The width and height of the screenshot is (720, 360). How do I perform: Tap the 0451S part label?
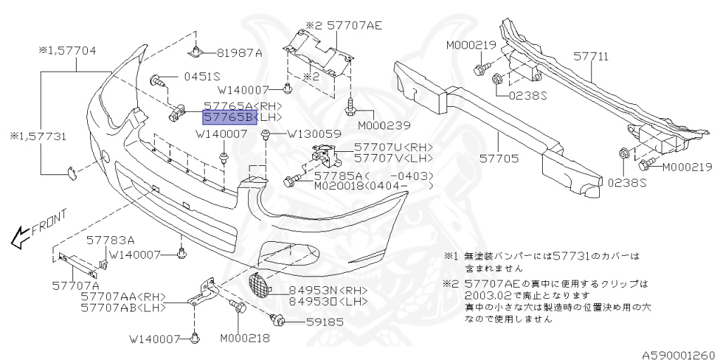pyautogui.click(x=202, y=77)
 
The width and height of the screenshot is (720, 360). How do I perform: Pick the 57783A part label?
pyautogui.click(x=110, y=240)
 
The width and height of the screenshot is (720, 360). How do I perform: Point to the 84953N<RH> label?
pyautogui.click(x=320, y=290)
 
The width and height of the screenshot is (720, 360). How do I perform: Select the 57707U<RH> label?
pyautogui.click(x=393, y=147)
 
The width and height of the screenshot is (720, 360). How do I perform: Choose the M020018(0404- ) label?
pyautogui.click(x=373, y=186)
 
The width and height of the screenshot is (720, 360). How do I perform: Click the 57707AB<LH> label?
pyautogui.click(x=123, y=307)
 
